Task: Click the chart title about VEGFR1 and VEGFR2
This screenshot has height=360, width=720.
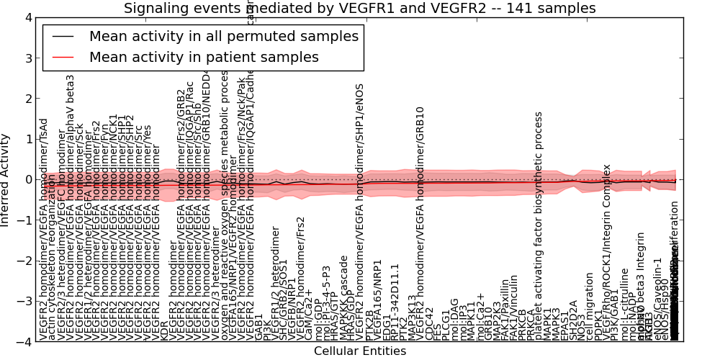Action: click(359, 9)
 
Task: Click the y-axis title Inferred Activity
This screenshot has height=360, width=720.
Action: click(6, 179)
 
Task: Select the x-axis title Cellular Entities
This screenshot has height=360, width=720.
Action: click(359, 351)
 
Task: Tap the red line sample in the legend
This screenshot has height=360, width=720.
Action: click(63, 57)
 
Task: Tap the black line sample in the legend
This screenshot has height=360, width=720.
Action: click(63, 36)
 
